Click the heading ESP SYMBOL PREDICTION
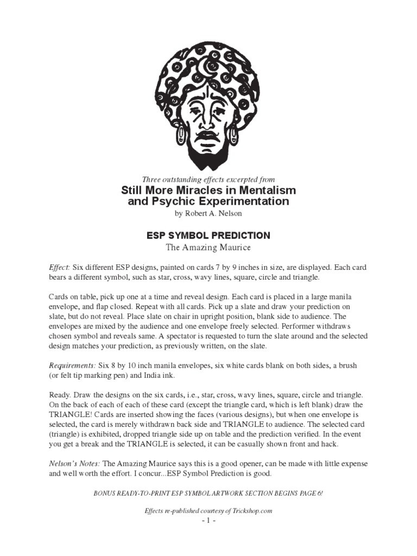pyautogui.click(x=208, y=236)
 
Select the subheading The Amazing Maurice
pyautogui.click(x=208, y=248)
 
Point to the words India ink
pyautogui.click(x=162, y=376)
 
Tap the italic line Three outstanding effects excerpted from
pyautogui.click(x=208, y=179)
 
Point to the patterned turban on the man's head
pyautogui.click(x=208, y=71)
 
